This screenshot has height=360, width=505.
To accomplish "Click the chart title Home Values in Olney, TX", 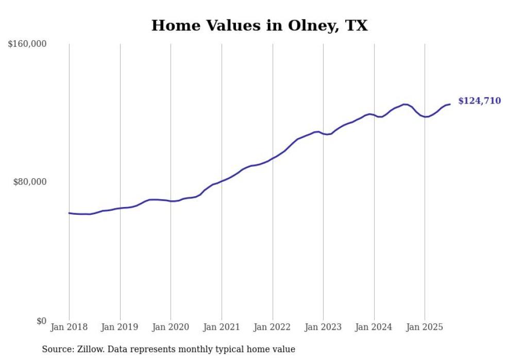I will (x=259, y=25).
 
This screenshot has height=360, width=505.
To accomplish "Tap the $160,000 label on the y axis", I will (x=27, y=44).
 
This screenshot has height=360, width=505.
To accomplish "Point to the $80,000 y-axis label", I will (x=29, y=182).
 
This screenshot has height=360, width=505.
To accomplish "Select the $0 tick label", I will (x=41, y=321).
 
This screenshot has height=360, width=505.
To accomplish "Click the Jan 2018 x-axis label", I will (x=69, y=327).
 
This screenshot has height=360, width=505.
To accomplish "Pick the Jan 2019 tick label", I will (x=120, y=327).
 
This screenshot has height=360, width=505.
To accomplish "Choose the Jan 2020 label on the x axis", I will (x=171, y=327).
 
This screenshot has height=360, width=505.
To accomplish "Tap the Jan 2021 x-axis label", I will (x=222, y=327).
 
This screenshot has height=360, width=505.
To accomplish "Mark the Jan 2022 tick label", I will (x=272, y=327).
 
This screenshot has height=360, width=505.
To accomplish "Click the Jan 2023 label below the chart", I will (x=323, y=327).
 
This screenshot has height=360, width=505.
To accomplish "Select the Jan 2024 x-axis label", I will (x=374, y=327).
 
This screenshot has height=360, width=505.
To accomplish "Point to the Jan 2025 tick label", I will (x=425, y=327).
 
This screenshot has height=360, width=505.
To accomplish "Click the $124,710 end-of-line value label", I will (x=479, y=101).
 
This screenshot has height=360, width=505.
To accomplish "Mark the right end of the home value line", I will (x=450, y=105).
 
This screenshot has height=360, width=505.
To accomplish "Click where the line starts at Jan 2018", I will (x=69, y=213).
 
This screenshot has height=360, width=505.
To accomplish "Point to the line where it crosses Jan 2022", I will (x=272, y=158).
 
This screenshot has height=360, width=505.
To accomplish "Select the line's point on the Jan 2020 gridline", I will (x=171, y=201).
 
